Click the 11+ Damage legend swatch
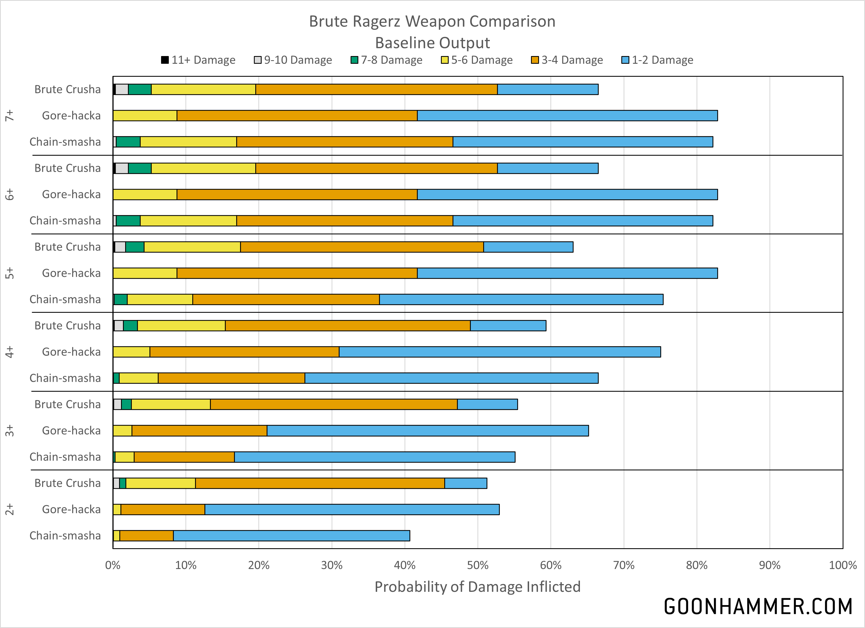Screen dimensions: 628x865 point(165,60)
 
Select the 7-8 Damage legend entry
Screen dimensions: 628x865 point(386,60)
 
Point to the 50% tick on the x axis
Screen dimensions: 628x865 point(477,565)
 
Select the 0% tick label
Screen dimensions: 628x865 point(113,565)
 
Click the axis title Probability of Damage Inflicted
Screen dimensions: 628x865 point(477,587)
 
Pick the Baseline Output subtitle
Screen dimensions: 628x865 point(433,43)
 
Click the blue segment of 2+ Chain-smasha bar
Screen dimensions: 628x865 point(291,536)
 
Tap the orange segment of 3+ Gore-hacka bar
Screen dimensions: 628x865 point(199,431)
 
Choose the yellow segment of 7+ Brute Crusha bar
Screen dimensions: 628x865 point(203,89)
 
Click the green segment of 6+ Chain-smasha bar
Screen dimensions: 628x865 point(128,221)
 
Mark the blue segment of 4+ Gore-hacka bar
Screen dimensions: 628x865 point(499,352)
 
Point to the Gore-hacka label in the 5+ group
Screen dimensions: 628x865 point(71,273)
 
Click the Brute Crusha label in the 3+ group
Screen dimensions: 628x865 point(67,404)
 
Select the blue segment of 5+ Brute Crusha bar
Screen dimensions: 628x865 point(528,247)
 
